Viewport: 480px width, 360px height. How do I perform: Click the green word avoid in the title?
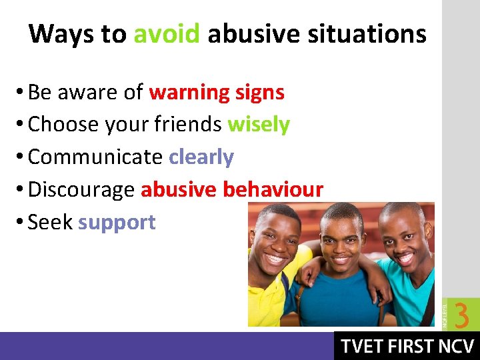167,33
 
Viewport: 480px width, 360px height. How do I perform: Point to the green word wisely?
259,125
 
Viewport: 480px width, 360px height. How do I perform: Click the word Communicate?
95,157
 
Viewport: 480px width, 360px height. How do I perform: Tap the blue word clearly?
201,157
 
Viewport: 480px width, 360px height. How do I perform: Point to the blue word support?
117,222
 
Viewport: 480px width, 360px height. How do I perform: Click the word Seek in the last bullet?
50,222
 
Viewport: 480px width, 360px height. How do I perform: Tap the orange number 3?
461,315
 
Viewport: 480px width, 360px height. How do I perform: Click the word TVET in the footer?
363,347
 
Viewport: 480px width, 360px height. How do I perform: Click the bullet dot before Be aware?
21,93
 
